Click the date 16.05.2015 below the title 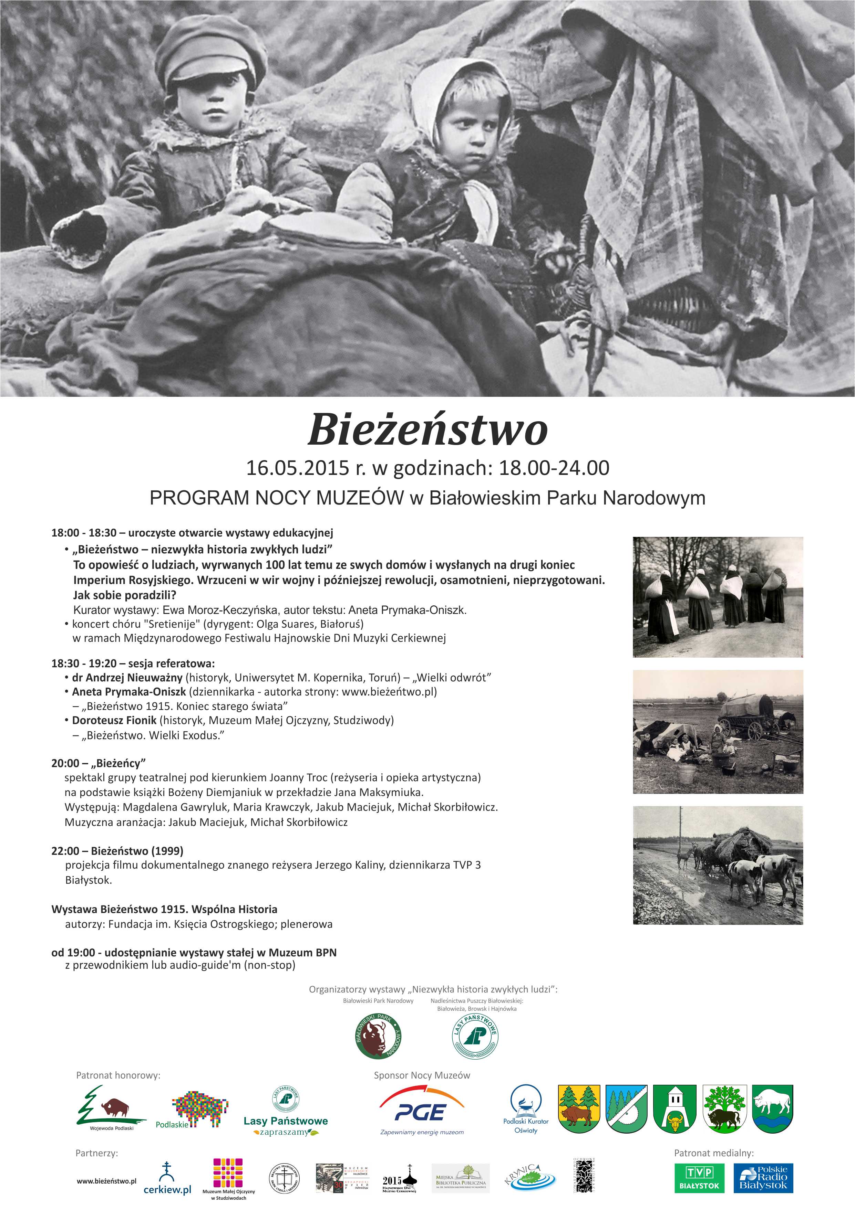tap(298, 468)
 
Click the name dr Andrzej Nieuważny tap(127, 678)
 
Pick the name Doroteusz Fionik tap(114, 721)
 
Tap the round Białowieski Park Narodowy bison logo tap(378, 1036)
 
